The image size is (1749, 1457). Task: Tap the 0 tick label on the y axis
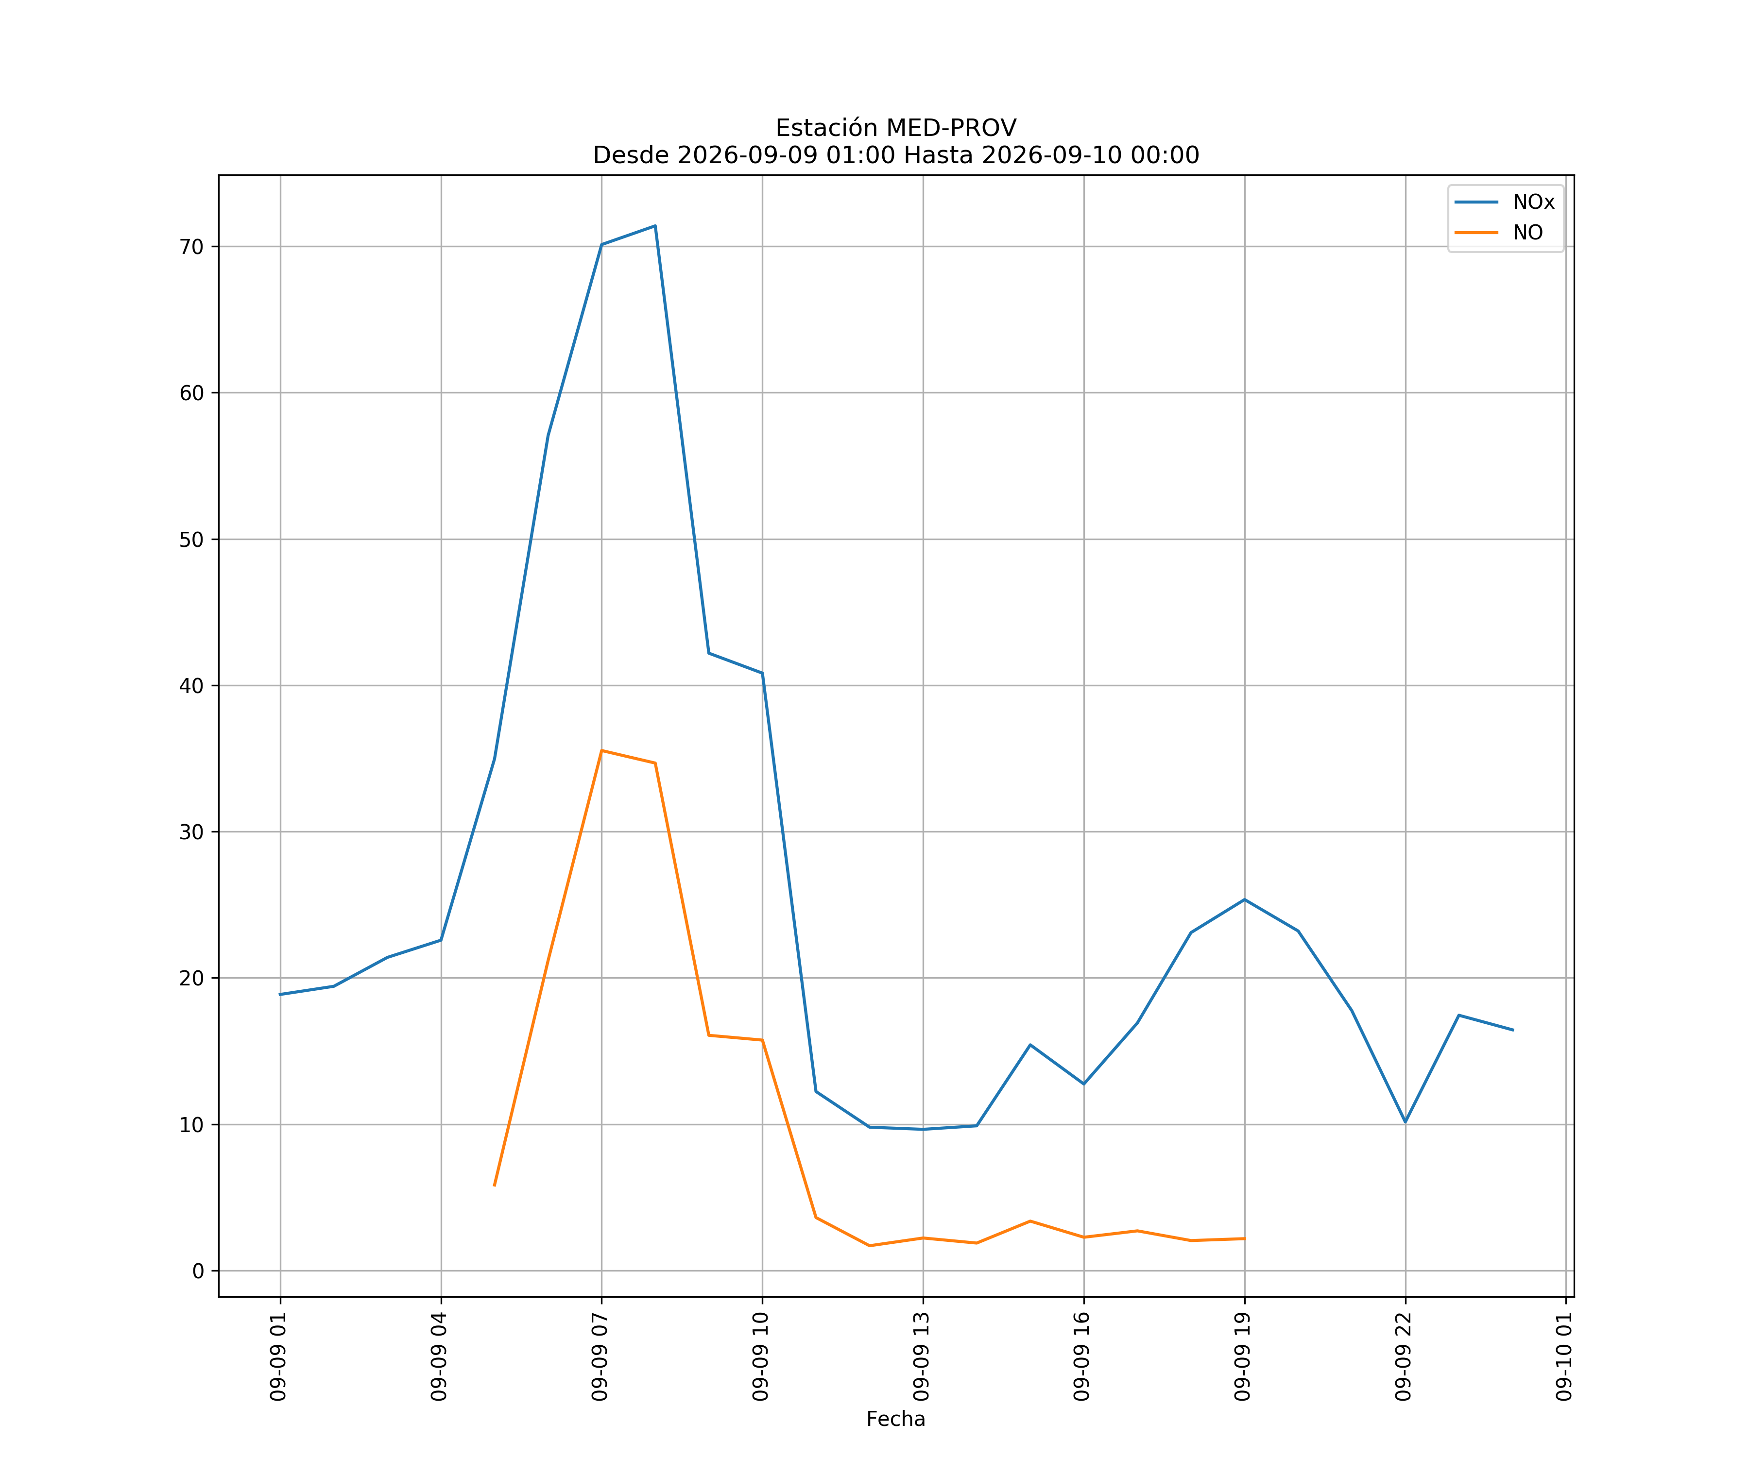point(198,1271)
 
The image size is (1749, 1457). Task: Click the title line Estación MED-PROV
point(896,128)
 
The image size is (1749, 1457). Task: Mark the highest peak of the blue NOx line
point(655,226)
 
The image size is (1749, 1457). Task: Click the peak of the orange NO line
point(601,751)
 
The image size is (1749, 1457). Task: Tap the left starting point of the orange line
point(495,1186)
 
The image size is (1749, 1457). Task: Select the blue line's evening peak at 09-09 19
point(1244,900)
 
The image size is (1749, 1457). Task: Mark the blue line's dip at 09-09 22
point(1405,1122)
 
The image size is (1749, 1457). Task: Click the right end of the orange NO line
point(1244,1239)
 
